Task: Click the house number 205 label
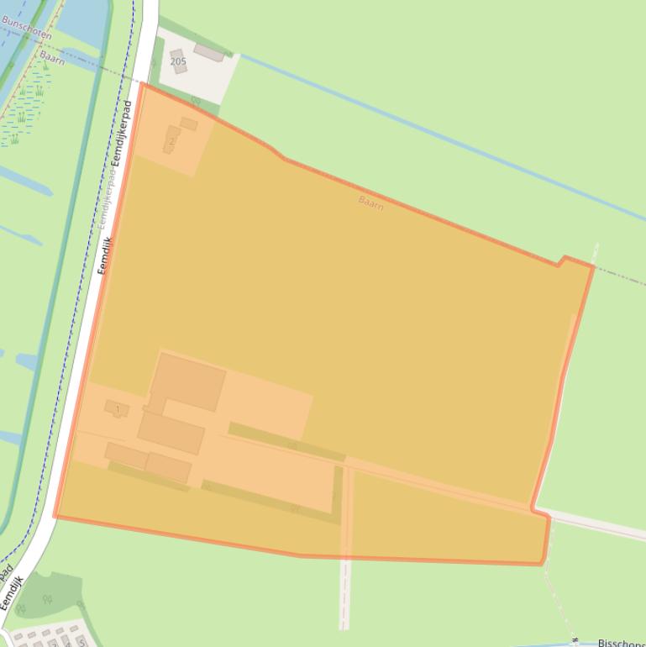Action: (x=178, y=61)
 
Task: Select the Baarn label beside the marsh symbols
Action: (x=52, y=57)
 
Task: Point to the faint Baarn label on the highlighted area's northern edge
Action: (x=370, y=203)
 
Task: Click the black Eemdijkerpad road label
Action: (x=122, y=133)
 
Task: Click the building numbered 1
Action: (x=116, y=409)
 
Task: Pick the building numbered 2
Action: (x=171, y=139)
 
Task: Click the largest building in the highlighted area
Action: (x=188, y=381)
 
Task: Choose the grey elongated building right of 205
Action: (x=208, y=54)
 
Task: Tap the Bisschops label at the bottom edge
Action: (x=621, y=643)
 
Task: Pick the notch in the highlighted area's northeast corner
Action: (x=561, y=261)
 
